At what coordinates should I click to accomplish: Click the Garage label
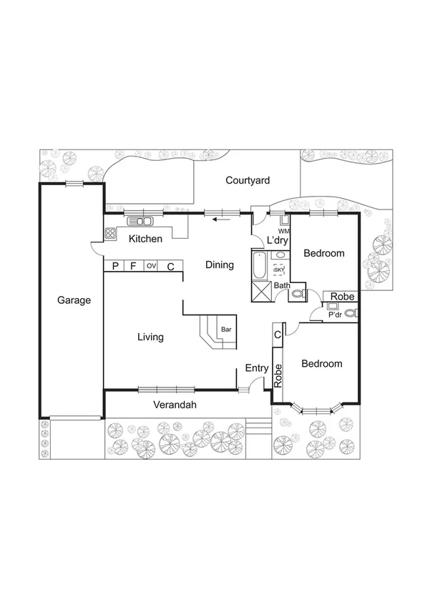click(74, 300)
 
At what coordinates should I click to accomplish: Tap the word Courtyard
click(248, 181)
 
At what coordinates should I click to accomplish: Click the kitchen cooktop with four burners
click(111, 232)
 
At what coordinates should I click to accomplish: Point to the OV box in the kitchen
click(151, 266)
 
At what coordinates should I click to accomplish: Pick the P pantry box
click(114, 267)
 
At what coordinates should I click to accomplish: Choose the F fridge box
click(133, 267)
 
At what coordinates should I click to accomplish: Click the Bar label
click(226, 330)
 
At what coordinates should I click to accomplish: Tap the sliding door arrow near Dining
click(222, 219)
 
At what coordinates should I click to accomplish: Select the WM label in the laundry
click(283, 232)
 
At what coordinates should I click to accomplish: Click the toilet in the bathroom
click(298, 293)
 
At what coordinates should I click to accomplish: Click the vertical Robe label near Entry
click(278, 376)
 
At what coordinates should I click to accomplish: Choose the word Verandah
click(175, 405)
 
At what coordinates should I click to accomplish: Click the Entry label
click(257, 368)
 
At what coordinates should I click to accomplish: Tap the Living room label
click(150, 337)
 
